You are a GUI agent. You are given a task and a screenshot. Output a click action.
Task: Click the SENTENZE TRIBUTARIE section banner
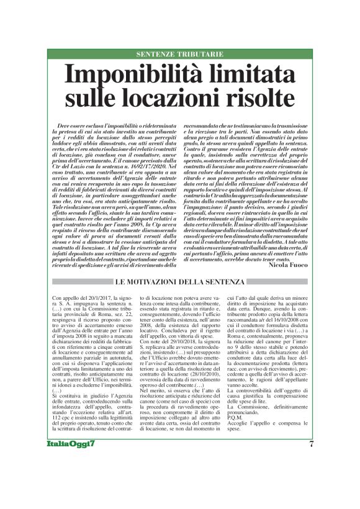[x=180, y=55]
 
